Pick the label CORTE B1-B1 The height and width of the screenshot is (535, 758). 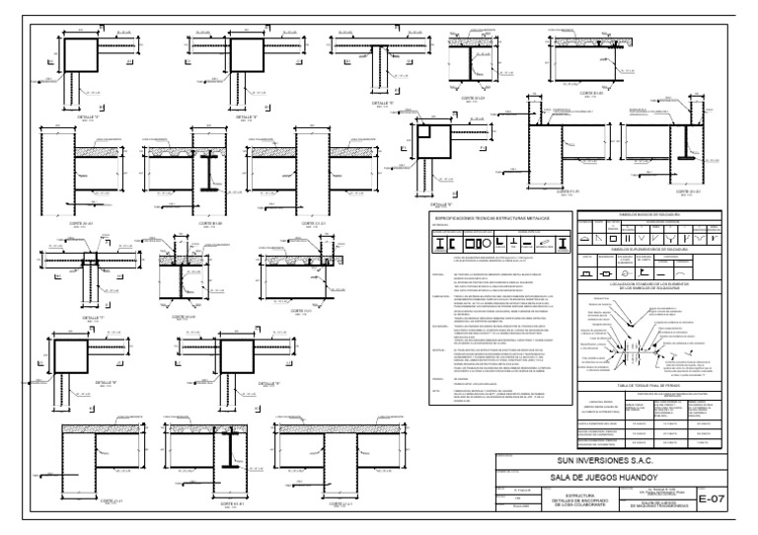pyautogui.click(x=204, y=224)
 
